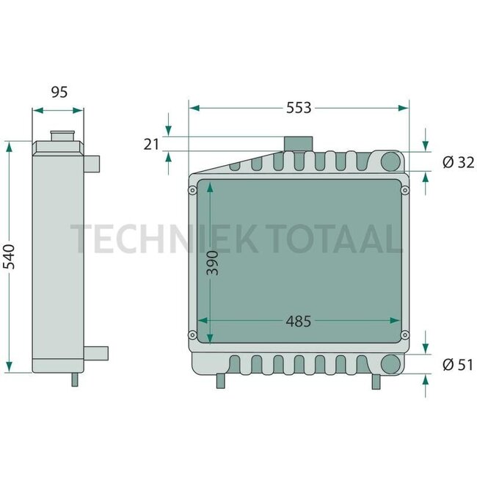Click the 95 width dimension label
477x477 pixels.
pyautogui.click(x=59, y=92)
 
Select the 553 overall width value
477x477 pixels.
pyautogui.click(x=299, y=108)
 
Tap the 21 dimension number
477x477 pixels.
pyautogui.click(x=151, y=145)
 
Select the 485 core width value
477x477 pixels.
pyautogui.click(x=298, y=321)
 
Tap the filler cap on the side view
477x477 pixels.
pyautogui.click(x=59, y=137)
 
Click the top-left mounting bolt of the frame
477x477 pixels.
pyautogui.click(x=192, y=191)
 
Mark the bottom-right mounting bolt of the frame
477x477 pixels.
pyautogui.click(x=404, y=336)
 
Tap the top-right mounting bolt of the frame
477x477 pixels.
pyautogui.click(x=404, y=191)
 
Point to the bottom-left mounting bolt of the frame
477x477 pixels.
pyautogui.click(x=192, y=336)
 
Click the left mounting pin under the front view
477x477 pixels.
pyautogui.click(x=221, y=382)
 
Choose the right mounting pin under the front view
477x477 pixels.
pyautogui.click(x=376, y=382)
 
